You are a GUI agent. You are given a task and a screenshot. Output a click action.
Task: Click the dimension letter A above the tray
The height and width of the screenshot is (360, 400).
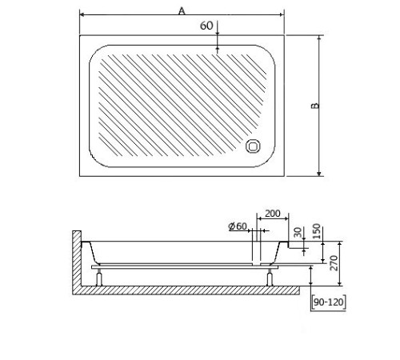coord(182,11)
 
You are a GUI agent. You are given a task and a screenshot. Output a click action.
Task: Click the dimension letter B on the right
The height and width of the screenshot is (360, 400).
coord(315,106)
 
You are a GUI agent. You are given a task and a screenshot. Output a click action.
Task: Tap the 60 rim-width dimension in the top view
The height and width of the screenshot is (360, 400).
coord(206,26)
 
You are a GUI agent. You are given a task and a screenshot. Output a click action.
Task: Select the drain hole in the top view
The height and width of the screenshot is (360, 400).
coord(253,146)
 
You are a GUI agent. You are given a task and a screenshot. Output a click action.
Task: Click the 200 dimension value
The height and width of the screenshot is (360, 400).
coord(273,214)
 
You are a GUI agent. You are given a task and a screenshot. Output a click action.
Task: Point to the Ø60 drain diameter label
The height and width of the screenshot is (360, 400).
coord(238,226)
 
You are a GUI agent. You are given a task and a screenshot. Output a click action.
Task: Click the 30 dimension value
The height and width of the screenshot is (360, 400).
coord(298,232)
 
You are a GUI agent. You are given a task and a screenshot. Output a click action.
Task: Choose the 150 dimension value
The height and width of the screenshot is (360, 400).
coord(316,231)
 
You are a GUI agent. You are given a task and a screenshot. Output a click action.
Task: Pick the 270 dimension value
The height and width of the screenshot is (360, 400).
coord(334,263)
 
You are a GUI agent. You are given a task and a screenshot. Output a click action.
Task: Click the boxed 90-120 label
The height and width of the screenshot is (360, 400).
coord(329,302)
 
